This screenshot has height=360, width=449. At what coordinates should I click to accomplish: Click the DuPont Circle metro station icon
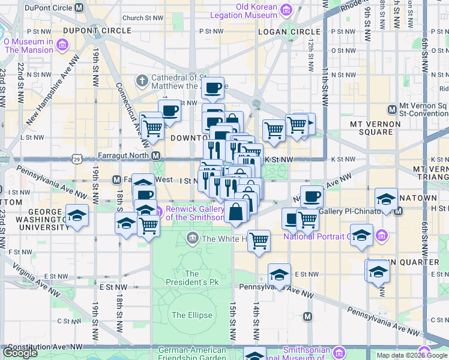79,8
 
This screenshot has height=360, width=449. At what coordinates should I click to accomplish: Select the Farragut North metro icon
156,156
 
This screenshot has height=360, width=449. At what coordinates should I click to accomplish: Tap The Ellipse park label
191,315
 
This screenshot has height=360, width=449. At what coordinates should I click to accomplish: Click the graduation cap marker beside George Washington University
77,215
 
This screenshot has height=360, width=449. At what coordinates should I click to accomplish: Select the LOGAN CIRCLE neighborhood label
289,31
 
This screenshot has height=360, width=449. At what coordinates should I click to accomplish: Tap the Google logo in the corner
20,353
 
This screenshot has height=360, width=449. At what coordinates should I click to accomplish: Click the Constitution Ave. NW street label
42,347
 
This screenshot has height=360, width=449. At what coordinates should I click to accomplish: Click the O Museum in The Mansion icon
62,45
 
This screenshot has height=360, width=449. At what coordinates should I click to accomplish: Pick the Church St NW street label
142,18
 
